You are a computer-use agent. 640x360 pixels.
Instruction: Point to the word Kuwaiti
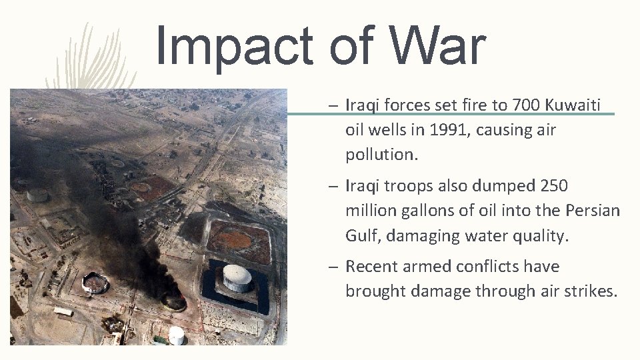pos(573,105)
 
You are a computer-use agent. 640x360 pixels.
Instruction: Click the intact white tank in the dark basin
pos(237,277)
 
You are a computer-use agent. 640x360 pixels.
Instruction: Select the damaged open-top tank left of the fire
pos(95,283)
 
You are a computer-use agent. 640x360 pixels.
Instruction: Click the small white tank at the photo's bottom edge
pos(176,335)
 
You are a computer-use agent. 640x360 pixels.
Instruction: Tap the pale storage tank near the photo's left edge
pos(38,195)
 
